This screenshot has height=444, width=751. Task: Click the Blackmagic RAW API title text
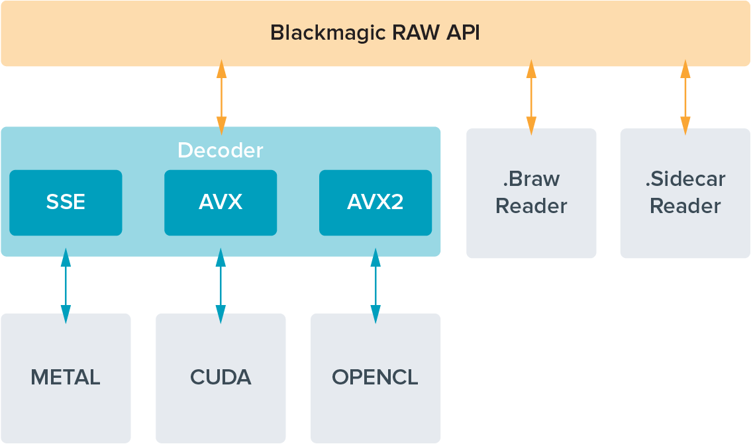point(375,33)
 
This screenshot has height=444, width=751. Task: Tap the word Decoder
point(220,150)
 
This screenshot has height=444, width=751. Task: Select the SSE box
point(66,202)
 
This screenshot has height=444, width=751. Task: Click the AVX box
point(221,202)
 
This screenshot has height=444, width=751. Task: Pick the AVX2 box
point(375,202)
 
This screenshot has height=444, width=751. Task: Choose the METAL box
point(66,378)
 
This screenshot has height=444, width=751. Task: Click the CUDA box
point(221,378)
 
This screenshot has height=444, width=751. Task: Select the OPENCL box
point(375,378)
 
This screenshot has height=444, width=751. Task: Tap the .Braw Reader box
point(531,193)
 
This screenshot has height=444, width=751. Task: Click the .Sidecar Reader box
point(685,193)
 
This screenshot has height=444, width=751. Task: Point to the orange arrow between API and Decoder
point(221,97)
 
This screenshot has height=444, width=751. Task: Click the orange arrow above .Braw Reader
point(531,97)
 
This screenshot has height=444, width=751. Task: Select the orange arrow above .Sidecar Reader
point(685,97)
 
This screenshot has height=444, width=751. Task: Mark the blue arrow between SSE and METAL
point(66,286)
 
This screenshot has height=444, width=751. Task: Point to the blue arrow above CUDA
point(221,286)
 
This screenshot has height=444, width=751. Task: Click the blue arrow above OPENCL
point(375,286)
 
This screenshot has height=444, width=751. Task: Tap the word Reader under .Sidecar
point(685,206)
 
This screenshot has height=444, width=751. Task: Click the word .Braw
point(531,179)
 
